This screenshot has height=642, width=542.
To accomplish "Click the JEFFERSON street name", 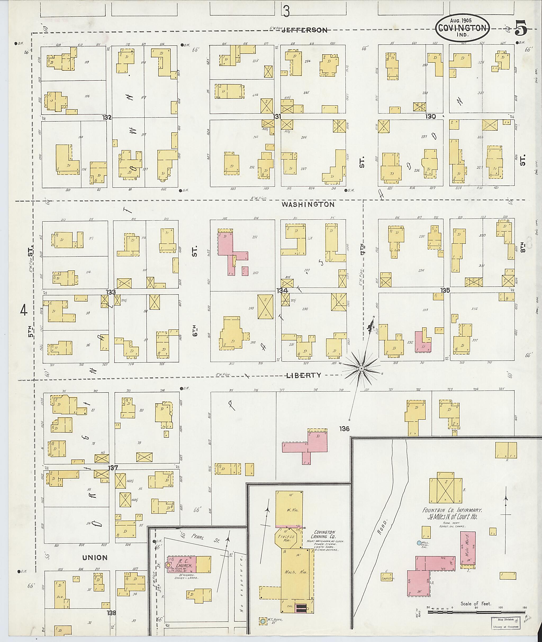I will coord(305,30).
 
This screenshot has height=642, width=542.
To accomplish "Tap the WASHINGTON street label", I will coord(308,204).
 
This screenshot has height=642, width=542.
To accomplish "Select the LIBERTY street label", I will coord(304,375).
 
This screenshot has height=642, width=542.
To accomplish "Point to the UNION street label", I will coord(95,558).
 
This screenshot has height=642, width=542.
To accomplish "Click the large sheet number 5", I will coord(521,28).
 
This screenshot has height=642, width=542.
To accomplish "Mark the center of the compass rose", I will coord(362,368).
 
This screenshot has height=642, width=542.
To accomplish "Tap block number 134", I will coord(282,290).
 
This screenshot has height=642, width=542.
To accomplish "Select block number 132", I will coord(107,118).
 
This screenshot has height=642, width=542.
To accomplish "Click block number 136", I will coord(344,429).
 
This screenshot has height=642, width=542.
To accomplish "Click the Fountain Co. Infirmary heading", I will coord(452,510).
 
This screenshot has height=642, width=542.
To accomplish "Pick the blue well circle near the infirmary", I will coord(419,543).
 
